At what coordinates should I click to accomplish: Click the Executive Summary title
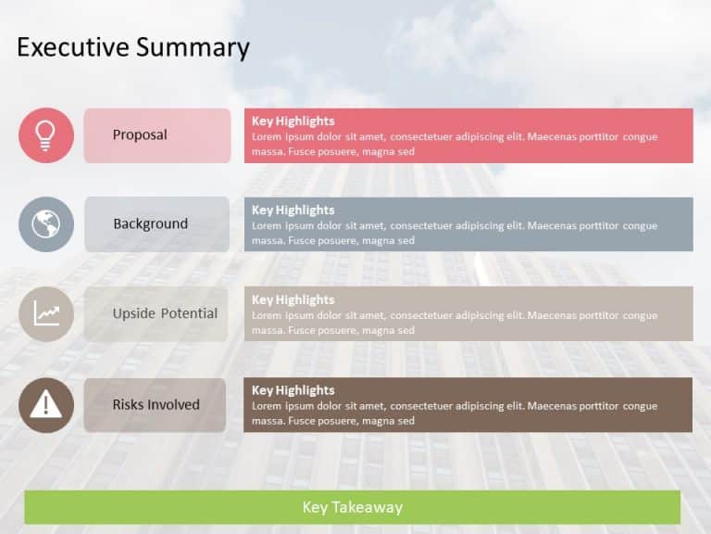click(133, 47)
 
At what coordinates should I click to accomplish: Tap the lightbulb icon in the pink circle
click(45, 135)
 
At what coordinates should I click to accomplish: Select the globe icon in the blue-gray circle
click(45, 224)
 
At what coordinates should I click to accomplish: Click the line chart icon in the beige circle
click(45, 313)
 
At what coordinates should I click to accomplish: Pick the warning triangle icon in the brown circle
click(45, 405)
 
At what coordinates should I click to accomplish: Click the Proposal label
click(140, 135)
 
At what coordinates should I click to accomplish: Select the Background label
click(150, 224)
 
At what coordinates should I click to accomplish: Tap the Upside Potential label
click(165, 313)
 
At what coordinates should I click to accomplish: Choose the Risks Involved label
click(156, 405)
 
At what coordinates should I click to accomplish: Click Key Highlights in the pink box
click(293, 121)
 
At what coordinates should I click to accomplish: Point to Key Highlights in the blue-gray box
click(293, 210)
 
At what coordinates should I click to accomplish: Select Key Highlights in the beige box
click(293, 300)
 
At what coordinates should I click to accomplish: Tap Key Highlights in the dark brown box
click(293, 390)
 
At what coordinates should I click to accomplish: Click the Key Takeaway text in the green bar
click(352, 507)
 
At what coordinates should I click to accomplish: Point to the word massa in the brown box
click(268, 421)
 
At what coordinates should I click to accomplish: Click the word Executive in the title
click(73, 47)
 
